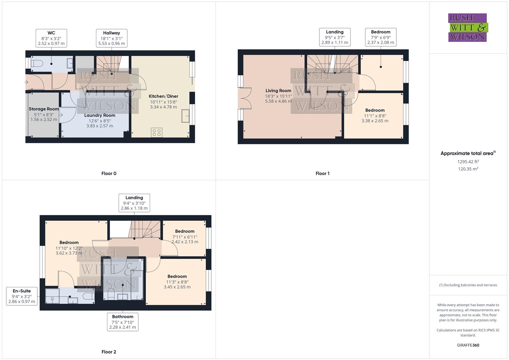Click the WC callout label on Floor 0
pyautogui.click(x=51, y=38)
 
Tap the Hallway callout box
pyautogui.click(x=111, y=38)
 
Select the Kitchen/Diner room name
pyautogui.click(x=163, y=96)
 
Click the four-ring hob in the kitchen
pyautogui.click(x=157, y=132)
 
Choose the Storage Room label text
pyautogui.click(x=44, y=109)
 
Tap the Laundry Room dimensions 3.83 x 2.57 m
pyautogui.click(x=100, y=126)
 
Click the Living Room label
pyautogui.click(x=278, y=91)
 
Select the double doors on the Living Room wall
pyautogui.click(x=245, y=98)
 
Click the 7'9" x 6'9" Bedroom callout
pyautogui.click(x=380, y=37)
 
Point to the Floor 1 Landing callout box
pyautogui.click(x=334, y=37)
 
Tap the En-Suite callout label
pyautogui.click(x=22, y=296)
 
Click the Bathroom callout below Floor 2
pyautogui.click(x=123, y=322)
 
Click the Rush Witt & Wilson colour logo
pyautogui.click(x=468, y=27)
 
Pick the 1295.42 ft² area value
pyautogui.click(x=468, y=162)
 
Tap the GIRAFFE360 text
pyautogui.click(x=468, y=345)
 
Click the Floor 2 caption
pyautogui.click(x=109, y=352)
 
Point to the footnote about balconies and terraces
pyautogui.click(x=468, y=285)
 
